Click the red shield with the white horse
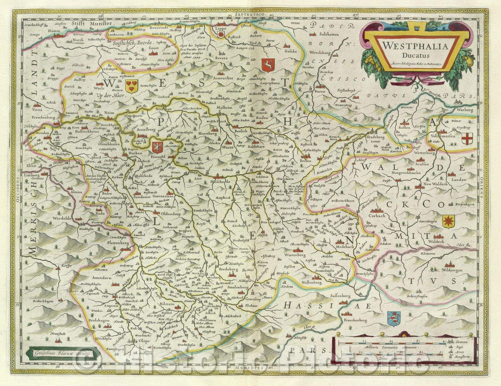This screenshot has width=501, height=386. point(268,65)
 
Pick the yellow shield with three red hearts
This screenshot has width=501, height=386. point(132,85)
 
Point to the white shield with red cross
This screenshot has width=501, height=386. point(467,138)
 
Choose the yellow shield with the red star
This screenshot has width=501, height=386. point(448,221)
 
